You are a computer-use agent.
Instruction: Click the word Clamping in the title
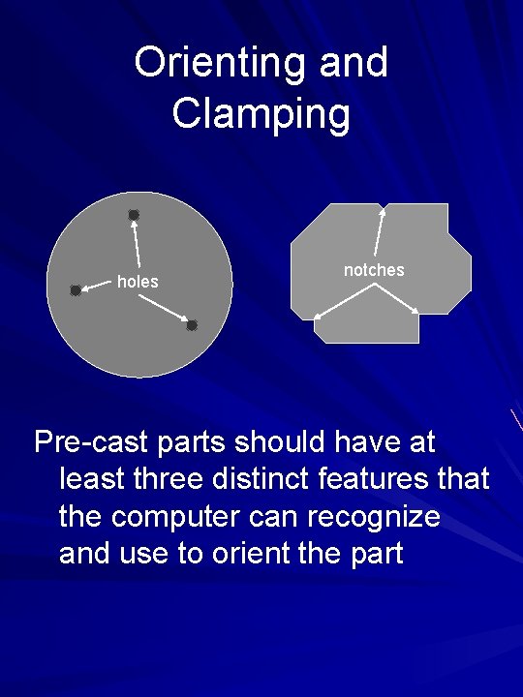pyautogui.click(x=261, y=113)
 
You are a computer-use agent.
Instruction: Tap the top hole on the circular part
pyautogui.click(x=134, y=214)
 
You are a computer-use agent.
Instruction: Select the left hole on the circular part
pyautogui.click(x=76, y=289)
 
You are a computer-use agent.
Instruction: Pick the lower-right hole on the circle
pyautogui.click(x=192, y=325)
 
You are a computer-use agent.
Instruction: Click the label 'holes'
pyautogui.click(x=138, y=282)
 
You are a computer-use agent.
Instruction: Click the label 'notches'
pyautogui.click(x=374, y=270)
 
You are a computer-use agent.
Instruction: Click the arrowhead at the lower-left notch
pyautogui.click(x=319, y=316)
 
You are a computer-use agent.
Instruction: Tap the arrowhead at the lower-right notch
pyautogui.click(x=415, y=311)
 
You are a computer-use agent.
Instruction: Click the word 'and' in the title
pyautogui.click(x=353, y=63)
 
